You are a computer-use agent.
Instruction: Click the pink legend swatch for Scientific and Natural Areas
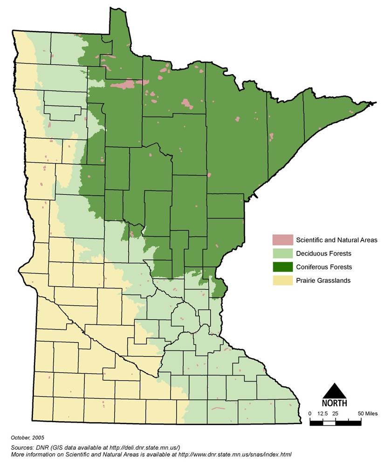(x=282, y=240)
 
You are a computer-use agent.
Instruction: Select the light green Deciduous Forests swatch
(x=282, y=254)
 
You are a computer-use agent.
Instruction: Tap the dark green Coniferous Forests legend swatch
(x=282, y=267)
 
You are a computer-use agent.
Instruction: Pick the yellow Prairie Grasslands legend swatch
(x=282, y=281)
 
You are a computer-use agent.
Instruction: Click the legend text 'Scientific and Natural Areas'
(x=337, y=240)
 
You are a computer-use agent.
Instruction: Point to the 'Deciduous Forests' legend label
(x=323, y=254)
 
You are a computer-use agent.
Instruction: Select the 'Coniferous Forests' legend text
(x=324, y=267)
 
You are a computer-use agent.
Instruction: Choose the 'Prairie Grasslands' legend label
(x=323, y=281)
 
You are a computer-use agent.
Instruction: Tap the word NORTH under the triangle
(x=334, y=403)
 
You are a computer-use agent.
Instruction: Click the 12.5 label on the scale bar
(x=323, y=413)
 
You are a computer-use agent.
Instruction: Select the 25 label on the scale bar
(x=335, y=413)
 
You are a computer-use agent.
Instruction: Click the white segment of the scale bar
(x=329, y=423)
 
